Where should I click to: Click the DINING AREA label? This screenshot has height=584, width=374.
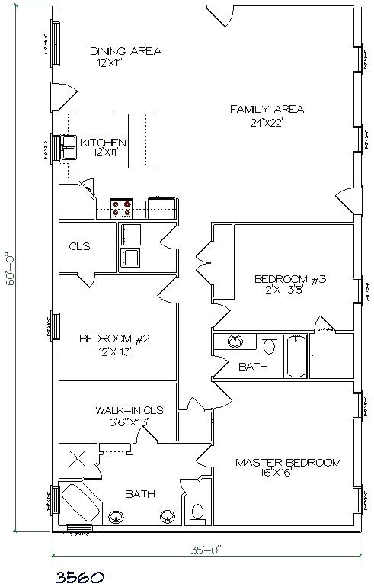pyautogui.click(x=125, y=51)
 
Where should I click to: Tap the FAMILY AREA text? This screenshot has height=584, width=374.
pyautogui.click(x=267, y=110)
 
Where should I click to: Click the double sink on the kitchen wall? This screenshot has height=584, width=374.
pyautogui.click(x=69, y=146)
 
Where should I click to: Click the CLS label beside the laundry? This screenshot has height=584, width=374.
pyautogui.click(x=79, y=246)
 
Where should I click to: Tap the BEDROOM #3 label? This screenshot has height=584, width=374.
pyautogui.click(x=289, y=279)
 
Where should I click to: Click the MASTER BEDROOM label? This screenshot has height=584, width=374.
pyautogui.click(x=287, y=462)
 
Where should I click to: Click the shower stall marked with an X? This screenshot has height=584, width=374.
pyautogui.click(x=78, y=459)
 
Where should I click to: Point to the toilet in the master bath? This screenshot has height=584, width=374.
pyautogui.click(x=197, y=512)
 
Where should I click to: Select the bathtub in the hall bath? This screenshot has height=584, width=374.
pyautogui.click(x=297, y=356)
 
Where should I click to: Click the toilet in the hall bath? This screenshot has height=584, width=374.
pyautogui.click(x=268, y=345)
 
